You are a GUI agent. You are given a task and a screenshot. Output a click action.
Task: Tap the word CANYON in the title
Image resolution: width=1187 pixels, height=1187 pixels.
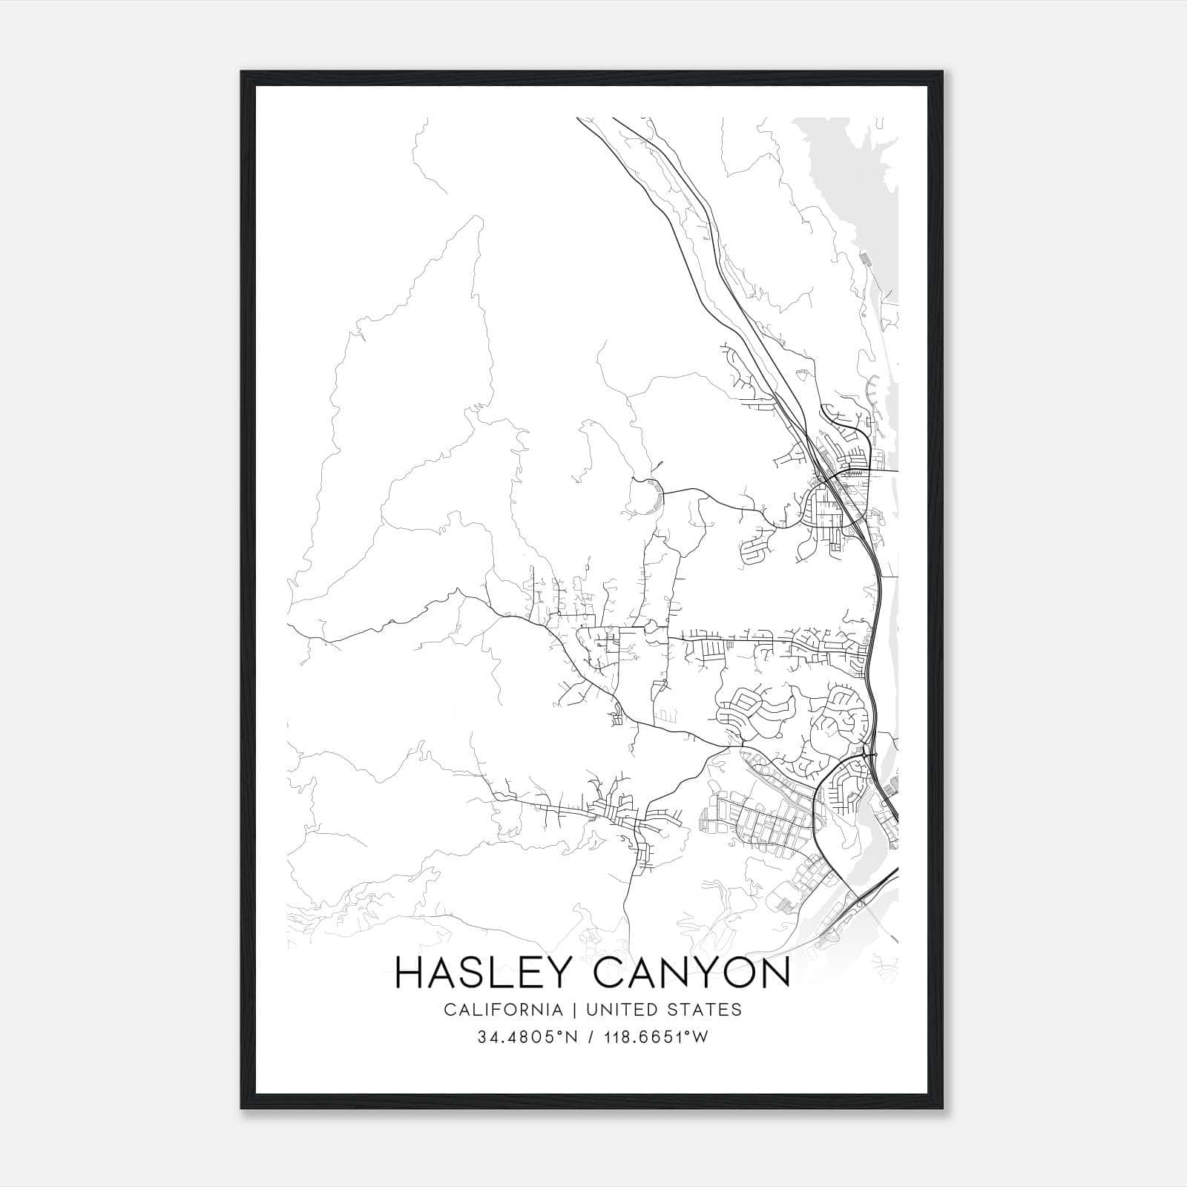[692, 973]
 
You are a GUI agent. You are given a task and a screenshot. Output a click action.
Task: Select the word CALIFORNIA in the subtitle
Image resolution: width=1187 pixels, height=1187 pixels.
[502, 1009]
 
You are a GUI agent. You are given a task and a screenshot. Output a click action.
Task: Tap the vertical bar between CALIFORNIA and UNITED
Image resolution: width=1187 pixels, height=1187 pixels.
[573, 1009]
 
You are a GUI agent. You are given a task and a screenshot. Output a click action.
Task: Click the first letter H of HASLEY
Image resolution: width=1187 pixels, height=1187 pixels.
[410, 973]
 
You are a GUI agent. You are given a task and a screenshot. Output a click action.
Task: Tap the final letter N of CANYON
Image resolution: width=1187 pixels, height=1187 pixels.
[775, 973]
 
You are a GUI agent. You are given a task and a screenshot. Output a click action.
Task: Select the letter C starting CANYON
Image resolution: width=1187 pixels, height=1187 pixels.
[609, 973]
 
